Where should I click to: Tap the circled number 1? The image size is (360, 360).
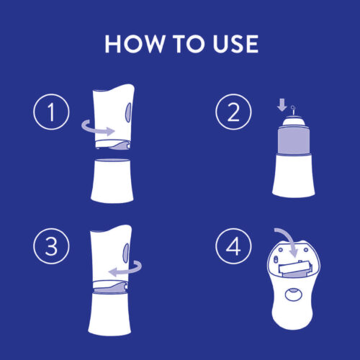tap(51, 112)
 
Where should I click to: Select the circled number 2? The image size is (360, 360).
tap(233, 112)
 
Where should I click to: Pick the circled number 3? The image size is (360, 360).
tap(51, 246)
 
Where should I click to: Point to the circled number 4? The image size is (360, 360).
tap(233, 246)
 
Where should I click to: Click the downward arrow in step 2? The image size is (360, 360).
tap(282, 104)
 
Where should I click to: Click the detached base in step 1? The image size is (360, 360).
tap(112, 181)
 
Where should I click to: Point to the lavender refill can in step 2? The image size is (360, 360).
tap(294, 140)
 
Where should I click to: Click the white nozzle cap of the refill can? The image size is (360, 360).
tap(294, 121)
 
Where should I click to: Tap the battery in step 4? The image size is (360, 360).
tap(295, 269)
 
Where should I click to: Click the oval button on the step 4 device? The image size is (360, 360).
tap(293, 294)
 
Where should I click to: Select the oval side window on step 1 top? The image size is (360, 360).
tap(129, 112)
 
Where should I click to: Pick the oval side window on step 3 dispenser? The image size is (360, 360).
tap(126, 252)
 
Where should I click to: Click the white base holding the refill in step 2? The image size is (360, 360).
tap(294, 175)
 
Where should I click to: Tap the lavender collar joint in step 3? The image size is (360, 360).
tap(111, 287)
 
